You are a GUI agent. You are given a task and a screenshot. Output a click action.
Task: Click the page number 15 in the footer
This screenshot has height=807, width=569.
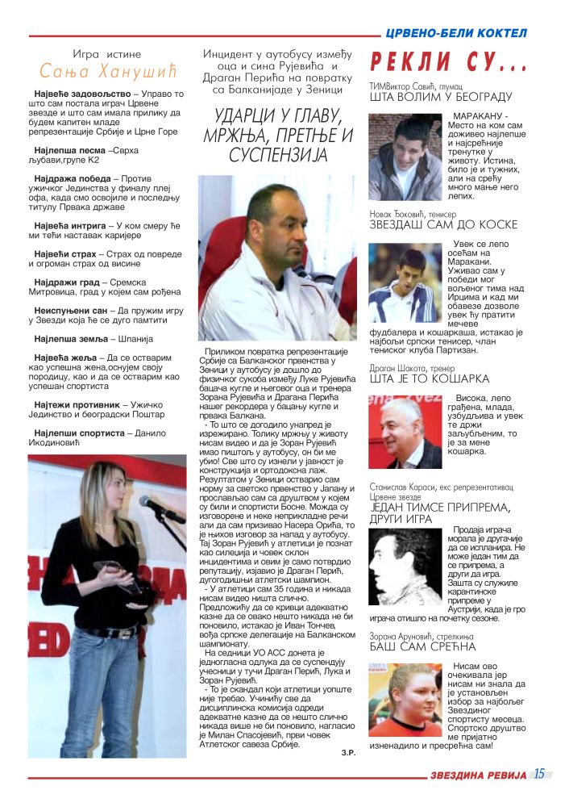point(538,773)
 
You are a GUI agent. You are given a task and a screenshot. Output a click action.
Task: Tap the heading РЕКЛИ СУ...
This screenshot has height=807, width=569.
point(447,62)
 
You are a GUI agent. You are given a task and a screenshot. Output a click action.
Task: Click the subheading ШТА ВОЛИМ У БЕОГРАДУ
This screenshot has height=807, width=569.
point(440,97)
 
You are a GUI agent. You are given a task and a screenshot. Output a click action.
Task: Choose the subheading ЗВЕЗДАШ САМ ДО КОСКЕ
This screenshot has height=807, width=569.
point(443,224)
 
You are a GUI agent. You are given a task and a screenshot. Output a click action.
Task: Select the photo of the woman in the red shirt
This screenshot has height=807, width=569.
point(405,701)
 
